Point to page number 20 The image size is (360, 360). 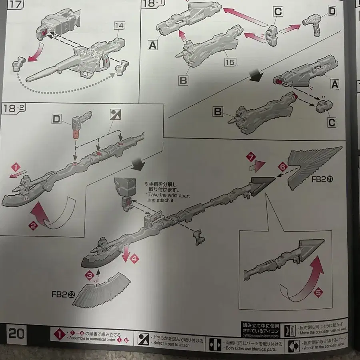coord(16,334)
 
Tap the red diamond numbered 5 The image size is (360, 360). coord(318,293)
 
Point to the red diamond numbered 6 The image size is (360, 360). coord(282,165)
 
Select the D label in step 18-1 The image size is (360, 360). coord(332,11)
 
